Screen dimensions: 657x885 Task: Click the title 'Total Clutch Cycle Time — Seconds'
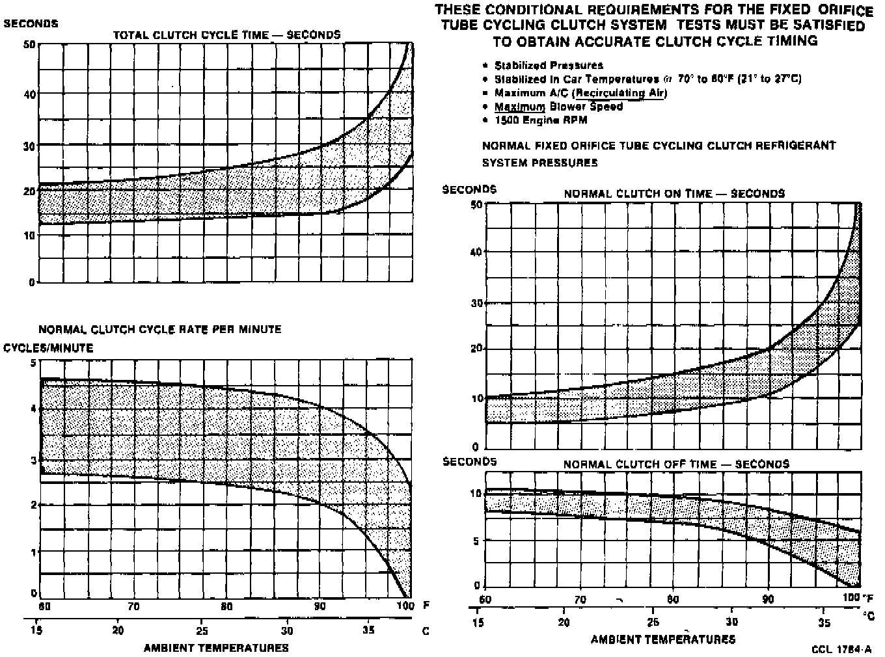click(x=226, y=35)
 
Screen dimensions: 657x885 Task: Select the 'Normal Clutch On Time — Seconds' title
click(x=674, y=194)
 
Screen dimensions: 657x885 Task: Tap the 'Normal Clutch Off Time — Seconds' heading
click(x=676, y=464)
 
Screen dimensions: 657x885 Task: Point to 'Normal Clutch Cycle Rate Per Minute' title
click(x=160, y=329)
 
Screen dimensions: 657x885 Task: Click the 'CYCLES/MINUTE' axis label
click(x=49, y=348)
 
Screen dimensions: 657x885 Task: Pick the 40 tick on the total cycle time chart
click(x=29, y=94)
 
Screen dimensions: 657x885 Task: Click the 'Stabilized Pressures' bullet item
click(x=549, y=65)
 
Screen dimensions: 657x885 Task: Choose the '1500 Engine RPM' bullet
click(x=541, y=120)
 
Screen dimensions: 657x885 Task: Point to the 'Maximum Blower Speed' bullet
click(x=558, y=107)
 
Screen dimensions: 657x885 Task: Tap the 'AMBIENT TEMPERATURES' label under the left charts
click(x=216, y=648)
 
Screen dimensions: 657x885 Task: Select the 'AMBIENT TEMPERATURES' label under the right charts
click(x=662, y=639)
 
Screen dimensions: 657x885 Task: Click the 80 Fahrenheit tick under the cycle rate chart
click(x=226, y=607)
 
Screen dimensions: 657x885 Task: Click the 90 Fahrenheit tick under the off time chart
click(x=768, y=599)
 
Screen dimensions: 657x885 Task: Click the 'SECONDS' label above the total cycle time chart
click(x=31, y=23)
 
